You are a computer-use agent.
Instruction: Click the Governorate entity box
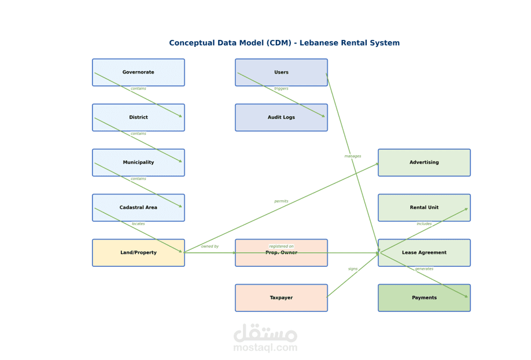138,72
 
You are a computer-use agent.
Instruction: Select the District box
138,117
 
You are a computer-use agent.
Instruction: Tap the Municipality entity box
138,163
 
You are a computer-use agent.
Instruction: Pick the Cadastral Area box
138,207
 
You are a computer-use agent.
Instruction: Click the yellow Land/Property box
138,252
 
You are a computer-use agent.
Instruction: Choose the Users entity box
282,72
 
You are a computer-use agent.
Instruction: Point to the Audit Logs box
282,117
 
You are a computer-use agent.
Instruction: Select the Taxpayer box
282,297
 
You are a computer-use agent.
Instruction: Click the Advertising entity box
425,163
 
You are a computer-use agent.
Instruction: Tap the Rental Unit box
425,207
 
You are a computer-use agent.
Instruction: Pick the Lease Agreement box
425,252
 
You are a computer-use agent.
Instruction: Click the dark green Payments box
425,297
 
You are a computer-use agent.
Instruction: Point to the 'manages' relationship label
353,156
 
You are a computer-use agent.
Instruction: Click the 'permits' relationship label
282,201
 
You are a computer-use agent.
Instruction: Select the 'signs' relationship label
353,269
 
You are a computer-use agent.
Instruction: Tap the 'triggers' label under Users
282,89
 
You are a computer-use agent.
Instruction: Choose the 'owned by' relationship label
210,247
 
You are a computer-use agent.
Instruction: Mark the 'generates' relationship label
425,269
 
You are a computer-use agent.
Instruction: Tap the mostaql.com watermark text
265,347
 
